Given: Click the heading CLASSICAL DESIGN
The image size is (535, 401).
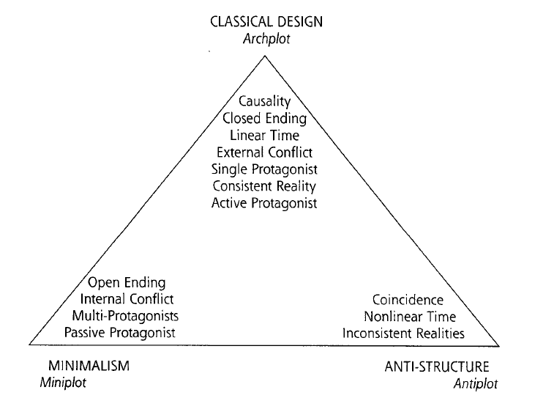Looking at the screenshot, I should pyautogui.click(x=266, y=21).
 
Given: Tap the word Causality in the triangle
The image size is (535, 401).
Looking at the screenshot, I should pyautogui.click(x=266, y=101).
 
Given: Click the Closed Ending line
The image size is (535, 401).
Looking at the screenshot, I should pyautogui.click(x=266, y=118).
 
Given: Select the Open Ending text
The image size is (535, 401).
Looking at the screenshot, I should pyautogui.click(x=127, y=282).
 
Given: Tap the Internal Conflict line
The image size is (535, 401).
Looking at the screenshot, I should pyautogui.click(x=127, y=299).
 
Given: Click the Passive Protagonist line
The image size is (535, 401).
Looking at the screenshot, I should pyautogui.click(x=120, y=333).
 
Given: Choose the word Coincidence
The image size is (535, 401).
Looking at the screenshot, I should pyautogui.click(x=408, y=300).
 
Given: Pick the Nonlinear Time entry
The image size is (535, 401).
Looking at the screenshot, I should pyautogui.click(x=410, y=317).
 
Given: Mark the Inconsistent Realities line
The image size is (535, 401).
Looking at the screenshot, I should pyautogui.click(x=403, y=334).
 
